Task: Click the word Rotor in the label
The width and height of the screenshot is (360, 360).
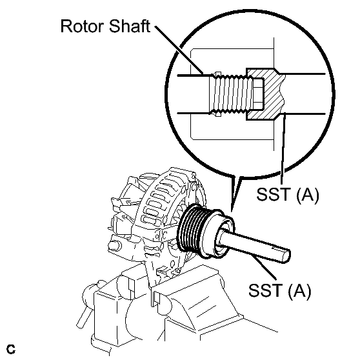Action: point(83,26)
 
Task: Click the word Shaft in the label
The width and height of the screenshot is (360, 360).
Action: point(130,26)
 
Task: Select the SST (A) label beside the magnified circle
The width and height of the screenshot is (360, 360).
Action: point(288,195)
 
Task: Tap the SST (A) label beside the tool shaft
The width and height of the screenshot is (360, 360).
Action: point(279,290)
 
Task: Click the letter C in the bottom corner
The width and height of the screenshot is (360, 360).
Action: point(11,350)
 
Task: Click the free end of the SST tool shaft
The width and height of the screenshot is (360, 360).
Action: point(286,255)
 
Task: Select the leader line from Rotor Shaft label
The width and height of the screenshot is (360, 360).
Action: point(179,50)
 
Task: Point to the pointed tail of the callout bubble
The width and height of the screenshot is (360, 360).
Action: point(232,211)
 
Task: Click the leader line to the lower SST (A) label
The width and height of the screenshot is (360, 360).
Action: point(264,266)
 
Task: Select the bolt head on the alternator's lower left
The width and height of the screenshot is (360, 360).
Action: point(114,246)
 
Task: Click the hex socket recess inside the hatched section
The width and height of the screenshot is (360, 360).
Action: point(259,94)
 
